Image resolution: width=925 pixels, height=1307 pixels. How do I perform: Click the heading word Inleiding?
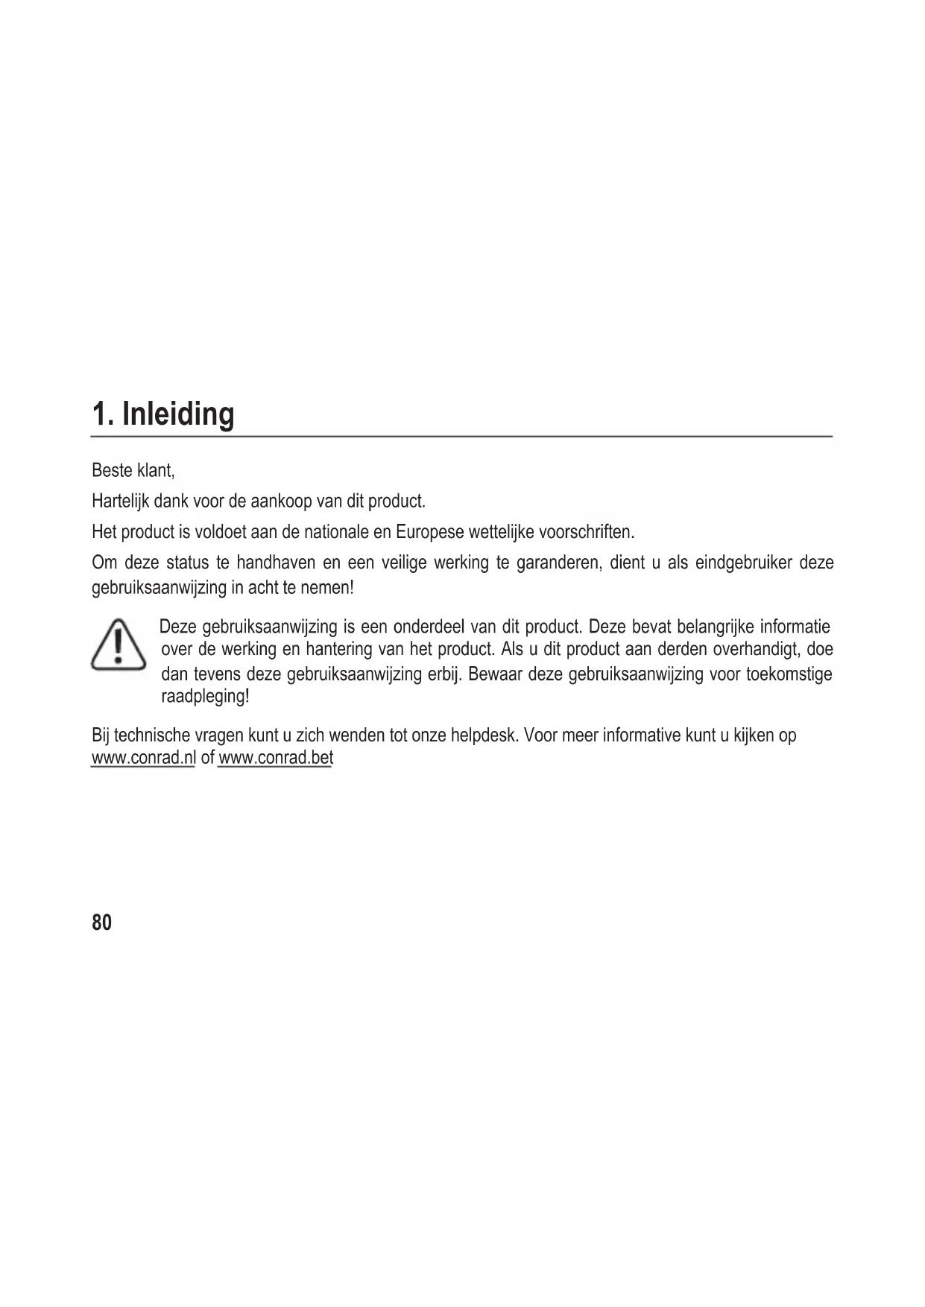[177, 414]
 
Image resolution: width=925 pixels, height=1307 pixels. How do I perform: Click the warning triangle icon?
[119, 645]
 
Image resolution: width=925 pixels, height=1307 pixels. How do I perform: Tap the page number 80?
[101, 923]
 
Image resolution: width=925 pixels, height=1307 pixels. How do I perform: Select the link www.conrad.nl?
[142, 759]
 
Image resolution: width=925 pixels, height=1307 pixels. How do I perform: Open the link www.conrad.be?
[274, 759]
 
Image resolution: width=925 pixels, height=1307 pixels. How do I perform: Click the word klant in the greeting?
[154, 471]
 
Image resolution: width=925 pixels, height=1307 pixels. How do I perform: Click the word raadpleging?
[204, 697]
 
